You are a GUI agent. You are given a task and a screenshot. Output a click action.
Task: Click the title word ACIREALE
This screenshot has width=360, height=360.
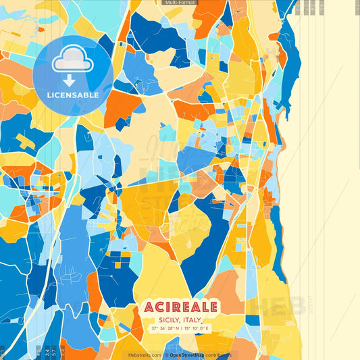coord(180,307)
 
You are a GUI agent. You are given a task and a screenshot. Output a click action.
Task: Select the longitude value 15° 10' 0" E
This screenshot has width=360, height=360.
coord(197,329)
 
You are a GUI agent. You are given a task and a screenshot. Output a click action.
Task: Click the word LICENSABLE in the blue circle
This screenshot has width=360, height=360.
coord(73,95)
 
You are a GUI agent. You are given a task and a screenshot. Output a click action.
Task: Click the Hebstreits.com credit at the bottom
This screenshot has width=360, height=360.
coord(144,355)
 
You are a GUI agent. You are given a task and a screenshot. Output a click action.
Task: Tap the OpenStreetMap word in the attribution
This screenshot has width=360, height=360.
coord(188,355)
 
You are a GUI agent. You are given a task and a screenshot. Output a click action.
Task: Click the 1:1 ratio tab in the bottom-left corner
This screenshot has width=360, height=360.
coord(3,351)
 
